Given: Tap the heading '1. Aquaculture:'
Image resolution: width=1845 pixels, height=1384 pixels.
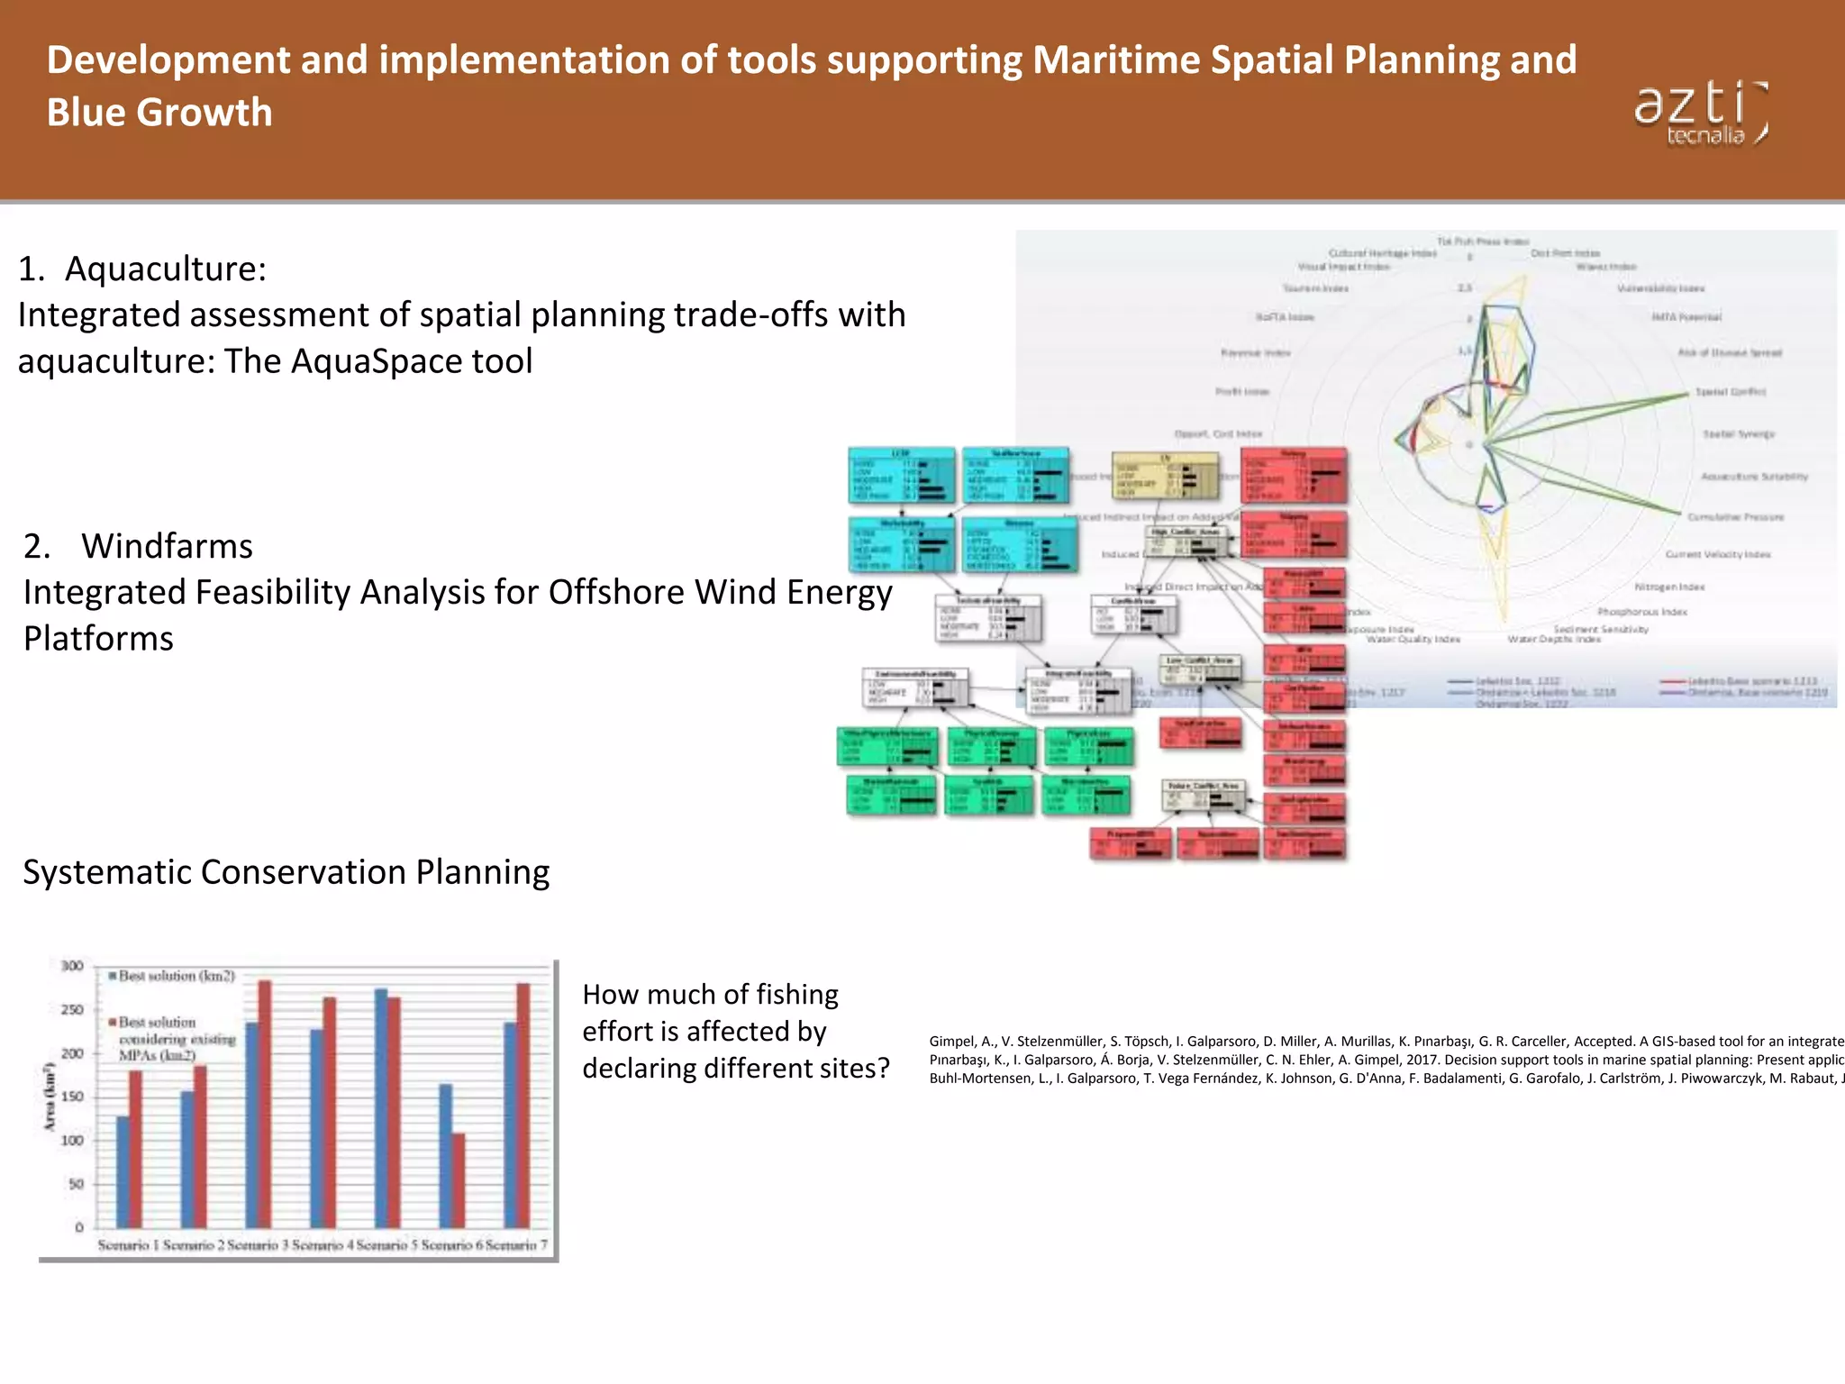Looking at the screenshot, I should [142, 269].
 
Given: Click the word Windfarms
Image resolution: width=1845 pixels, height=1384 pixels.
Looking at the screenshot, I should [167, 546].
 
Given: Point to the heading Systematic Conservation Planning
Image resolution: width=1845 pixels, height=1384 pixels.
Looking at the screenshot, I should [286, 872].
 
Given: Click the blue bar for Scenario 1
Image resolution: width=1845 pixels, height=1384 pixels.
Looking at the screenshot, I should [123, 1171].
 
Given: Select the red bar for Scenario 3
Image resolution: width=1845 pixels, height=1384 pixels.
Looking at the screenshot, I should [265, 1104].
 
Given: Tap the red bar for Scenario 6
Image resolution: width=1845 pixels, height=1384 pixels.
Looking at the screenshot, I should [459, 1180].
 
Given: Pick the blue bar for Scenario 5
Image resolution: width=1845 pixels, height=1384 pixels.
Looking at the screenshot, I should [381, 1108].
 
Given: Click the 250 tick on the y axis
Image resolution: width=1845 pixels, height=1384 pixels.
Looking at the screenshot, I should [72, 1010].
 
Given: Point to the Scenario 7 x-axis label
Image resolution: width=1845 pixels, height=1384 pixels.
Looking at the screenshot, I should [516, 1245].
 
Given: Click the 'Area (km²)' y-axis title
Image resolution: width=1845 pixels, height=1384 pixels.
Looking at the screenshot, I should [50, 1097].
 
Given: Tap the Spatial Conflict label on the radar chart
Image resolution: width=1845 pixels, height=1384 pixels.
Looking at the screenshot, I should [1731, 392].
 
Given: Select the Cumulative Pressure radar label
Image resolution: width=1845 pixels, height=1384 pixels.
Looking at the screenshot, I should [1735, 517].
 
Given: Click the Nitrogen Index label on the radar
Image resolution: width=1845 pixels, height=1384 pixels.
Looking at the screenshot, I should [1669, 587].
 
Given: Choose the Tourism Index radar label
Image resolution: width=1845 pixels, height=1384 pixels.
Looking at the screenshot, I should [1315, 288].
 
